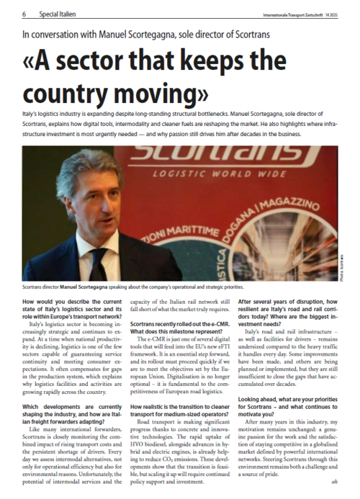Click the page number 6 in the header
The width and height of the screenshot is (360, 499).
[x=24, y=13]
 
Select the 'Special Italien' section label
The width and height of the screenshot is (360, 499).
[x=60, y=13]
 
